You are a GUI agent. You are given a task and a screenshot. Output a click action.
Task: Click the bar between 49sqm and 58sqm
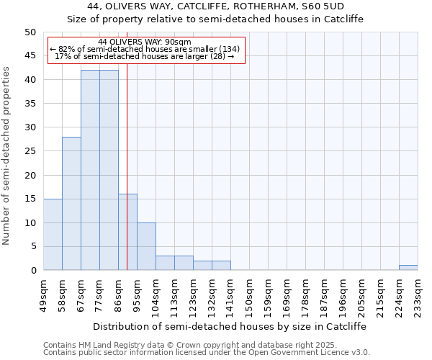pyautogui.click(x=53, y=235)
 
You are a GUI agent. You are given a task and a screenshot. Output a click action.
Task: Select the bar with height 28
pyautogui.click(x=71, y=204)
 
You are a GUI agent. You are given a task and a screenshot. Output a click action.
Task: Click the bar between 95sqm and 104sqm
pyautogui.click(x=146, y=246)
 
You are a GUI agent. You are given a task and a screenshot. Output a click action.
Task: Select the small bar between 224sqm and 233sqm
pyautogui.click(x=408, y=268)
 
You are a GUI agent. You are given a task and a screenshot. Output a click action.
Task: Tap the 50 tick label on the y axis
pyautogui.click(x=30, y=32)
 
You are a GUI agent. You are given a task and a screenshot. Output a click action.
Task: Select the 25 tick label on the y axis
pyautogui.click(x=30, y=151)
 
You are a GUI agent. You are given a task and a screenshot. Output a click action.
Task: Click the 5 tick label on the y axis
pyautogui.click(x=32, y=247)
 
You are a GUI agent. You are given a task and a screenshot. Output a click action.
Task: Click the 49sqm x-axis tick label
pyautogui.click(x=43, y=293)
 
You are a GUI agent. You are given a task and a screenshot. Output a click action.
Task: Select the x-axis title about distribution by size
pyautogui.click(x=230, y=326)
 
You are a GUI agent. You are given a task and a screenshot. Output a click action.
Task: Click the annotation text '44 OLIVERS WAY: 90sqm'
pyautogui.click(x=145, y=42)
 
